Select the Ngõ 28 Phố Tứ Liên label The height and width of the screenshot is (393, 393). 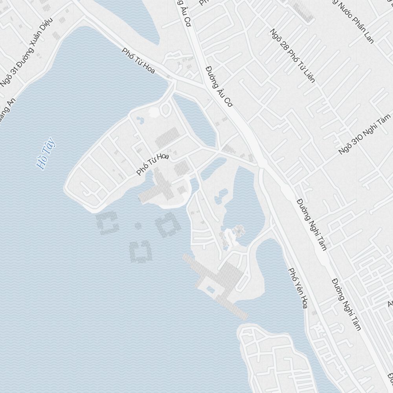tap(293, 55)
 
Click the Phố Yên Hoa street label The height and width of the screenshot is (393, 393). tap(298, 288)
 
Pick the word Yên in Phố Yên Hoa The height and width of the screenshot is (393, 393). tap(298, 288)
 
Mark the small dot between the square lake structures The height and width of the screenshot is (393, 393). tap(138, 226)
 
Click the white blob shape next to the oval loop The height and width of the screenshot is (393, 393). tap(154, 112)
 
